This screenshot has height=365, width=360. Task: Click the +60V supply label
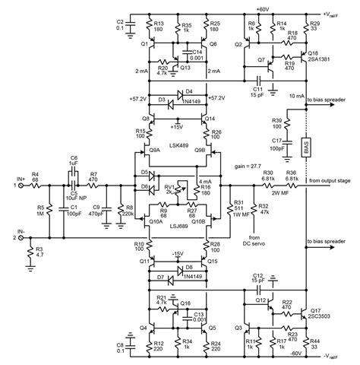263,8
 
